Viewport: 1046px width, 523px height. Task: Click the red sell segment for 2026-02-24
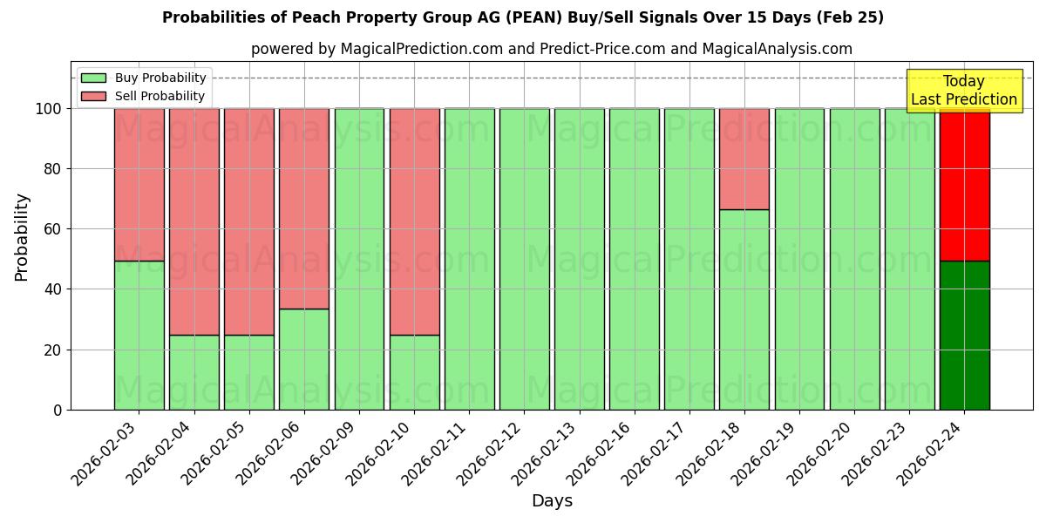pyautogui.click(x=964, y=185)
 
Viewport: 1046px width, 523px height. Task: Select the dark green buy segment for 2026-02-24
pyautogui.click(x=964, y=336)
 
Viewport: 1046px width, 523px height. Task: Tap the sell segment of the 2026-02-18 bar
pyautogui.click(x=744, y=159)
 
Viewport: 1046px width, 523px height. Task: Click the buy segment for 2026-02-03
pyautogui.click(x=139, y=336)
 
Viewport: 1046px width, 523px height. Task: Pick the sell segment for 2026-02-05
pyautogui.click(x=249, y=221)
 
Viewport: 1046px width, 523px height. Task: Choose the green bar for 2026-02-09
pyautogui.click(x=359, y=259)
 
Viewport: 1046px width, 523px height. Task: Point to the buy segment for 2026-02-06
pyautogui.click(x=304, y=359)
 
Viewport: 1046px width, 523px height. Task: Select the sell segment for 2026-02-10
pyautogui.click(x=414, y=221)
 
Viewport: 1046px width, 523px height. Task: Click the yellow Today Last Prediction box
pyautogui.click(x=964, y=91)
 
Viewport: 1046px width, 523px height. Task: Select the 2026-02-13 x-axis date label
pyautogui.click(x=546, y=453)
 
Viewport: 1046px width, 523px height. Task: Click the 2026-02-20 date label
pyautogui.click(x=821, y=453)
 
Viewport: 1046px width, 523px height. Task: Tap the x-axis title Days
pyautogui.click(x=552, y=501)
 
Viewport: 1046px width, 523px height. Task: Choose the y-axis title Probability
pyautogui.click(x=22, y=237)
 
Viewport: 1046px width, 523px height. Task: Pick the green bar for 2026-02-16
pyautogui.click(x=635, y=259)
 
